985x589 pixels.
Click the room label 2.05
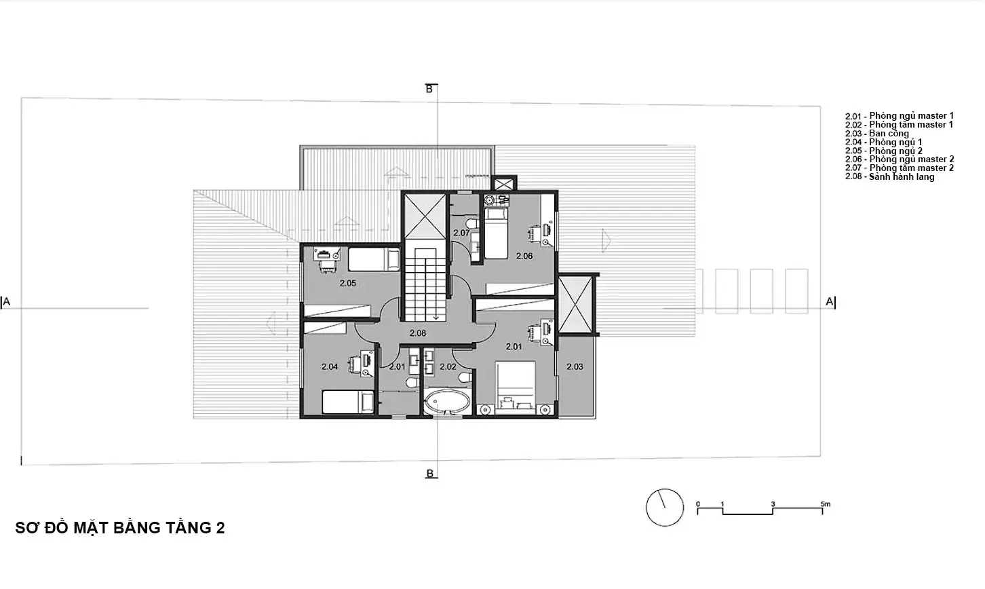[347, 283]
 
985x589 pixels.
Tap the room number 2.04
[330, 366]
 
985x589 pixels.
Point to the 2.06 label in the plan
[524, 256]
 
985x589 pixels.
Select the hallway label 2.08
[418, 333]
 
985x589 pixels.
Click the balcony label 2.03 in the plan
[575, 366]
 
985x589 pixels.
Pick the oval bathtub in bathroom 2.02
[447, 402]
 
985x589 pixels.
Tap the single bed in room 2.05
[374, 259]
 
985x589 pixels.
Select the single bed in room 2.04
[348, 402]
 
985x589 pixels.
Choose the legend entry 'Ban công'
[877, 133]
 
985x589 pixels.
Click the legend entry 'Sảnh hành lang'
[889, 176]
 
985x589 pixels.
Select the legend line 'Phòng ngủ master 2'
[900, 159]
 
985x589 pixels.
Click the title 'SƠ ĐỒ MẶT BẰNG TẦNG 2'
[120, 527]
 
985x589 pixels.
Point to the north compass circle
[665, 507]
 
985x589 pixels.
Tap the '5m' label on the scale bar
[826, 503]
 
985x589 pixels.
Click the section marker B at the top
[429, 89]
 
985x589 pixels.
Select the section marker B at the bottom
[429, 474]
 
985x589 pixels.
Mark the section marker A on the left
[6, 302]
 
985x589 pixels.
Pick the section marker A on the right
[830, 302]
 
